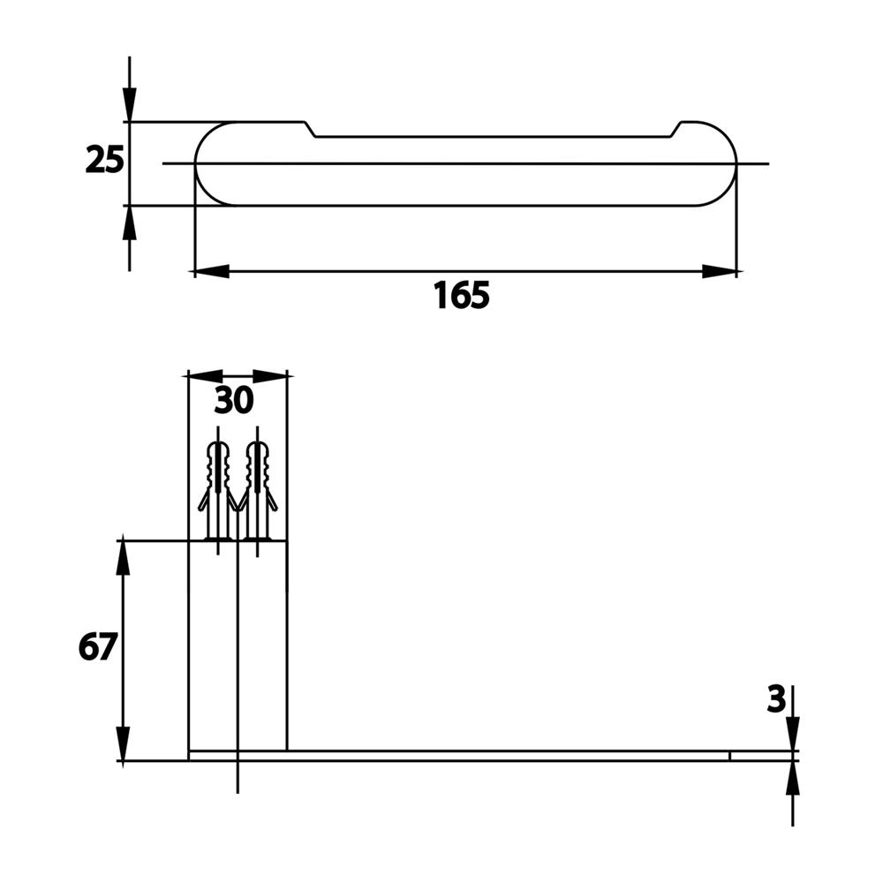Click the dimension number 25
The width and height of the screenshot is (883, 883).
coord(104,159)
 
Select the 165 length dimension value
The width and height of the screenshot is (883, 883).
coord(462,295)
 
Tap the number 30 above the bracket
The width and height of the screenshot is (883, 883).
coord(234,400)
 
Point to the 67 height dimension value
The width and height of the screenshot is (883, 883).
coord(97,646)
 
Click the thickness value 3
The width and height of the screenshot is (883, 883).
coord(776,700)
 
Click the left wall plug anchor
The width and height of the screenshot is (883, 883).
coord(217,491)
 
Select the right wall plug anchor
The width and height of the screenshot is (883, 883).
coord(257,491)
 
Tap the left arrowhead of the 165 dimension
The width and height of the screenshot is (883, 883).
coord(212,271)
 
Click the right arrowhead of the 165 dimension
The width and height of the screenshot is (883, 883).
coord(720,271)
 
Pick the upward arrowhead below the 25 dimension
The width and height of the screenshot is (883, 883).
coord(130,223)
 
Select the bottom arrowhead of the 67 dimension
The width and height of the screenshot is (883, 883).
coord(124,743)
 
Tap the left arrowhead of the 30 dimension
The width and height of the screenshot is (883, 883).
coord(205,376)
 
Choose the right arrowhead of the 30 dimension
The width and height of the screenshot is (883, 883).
coord(270,376)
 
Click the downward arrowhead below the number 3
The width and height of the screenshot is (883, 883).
coord(793,733)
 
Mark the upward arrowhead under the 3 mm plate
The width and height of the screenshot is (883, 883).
coord(793,778)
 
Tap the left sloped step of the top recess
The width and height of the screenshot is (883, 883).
coord(310,129)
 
